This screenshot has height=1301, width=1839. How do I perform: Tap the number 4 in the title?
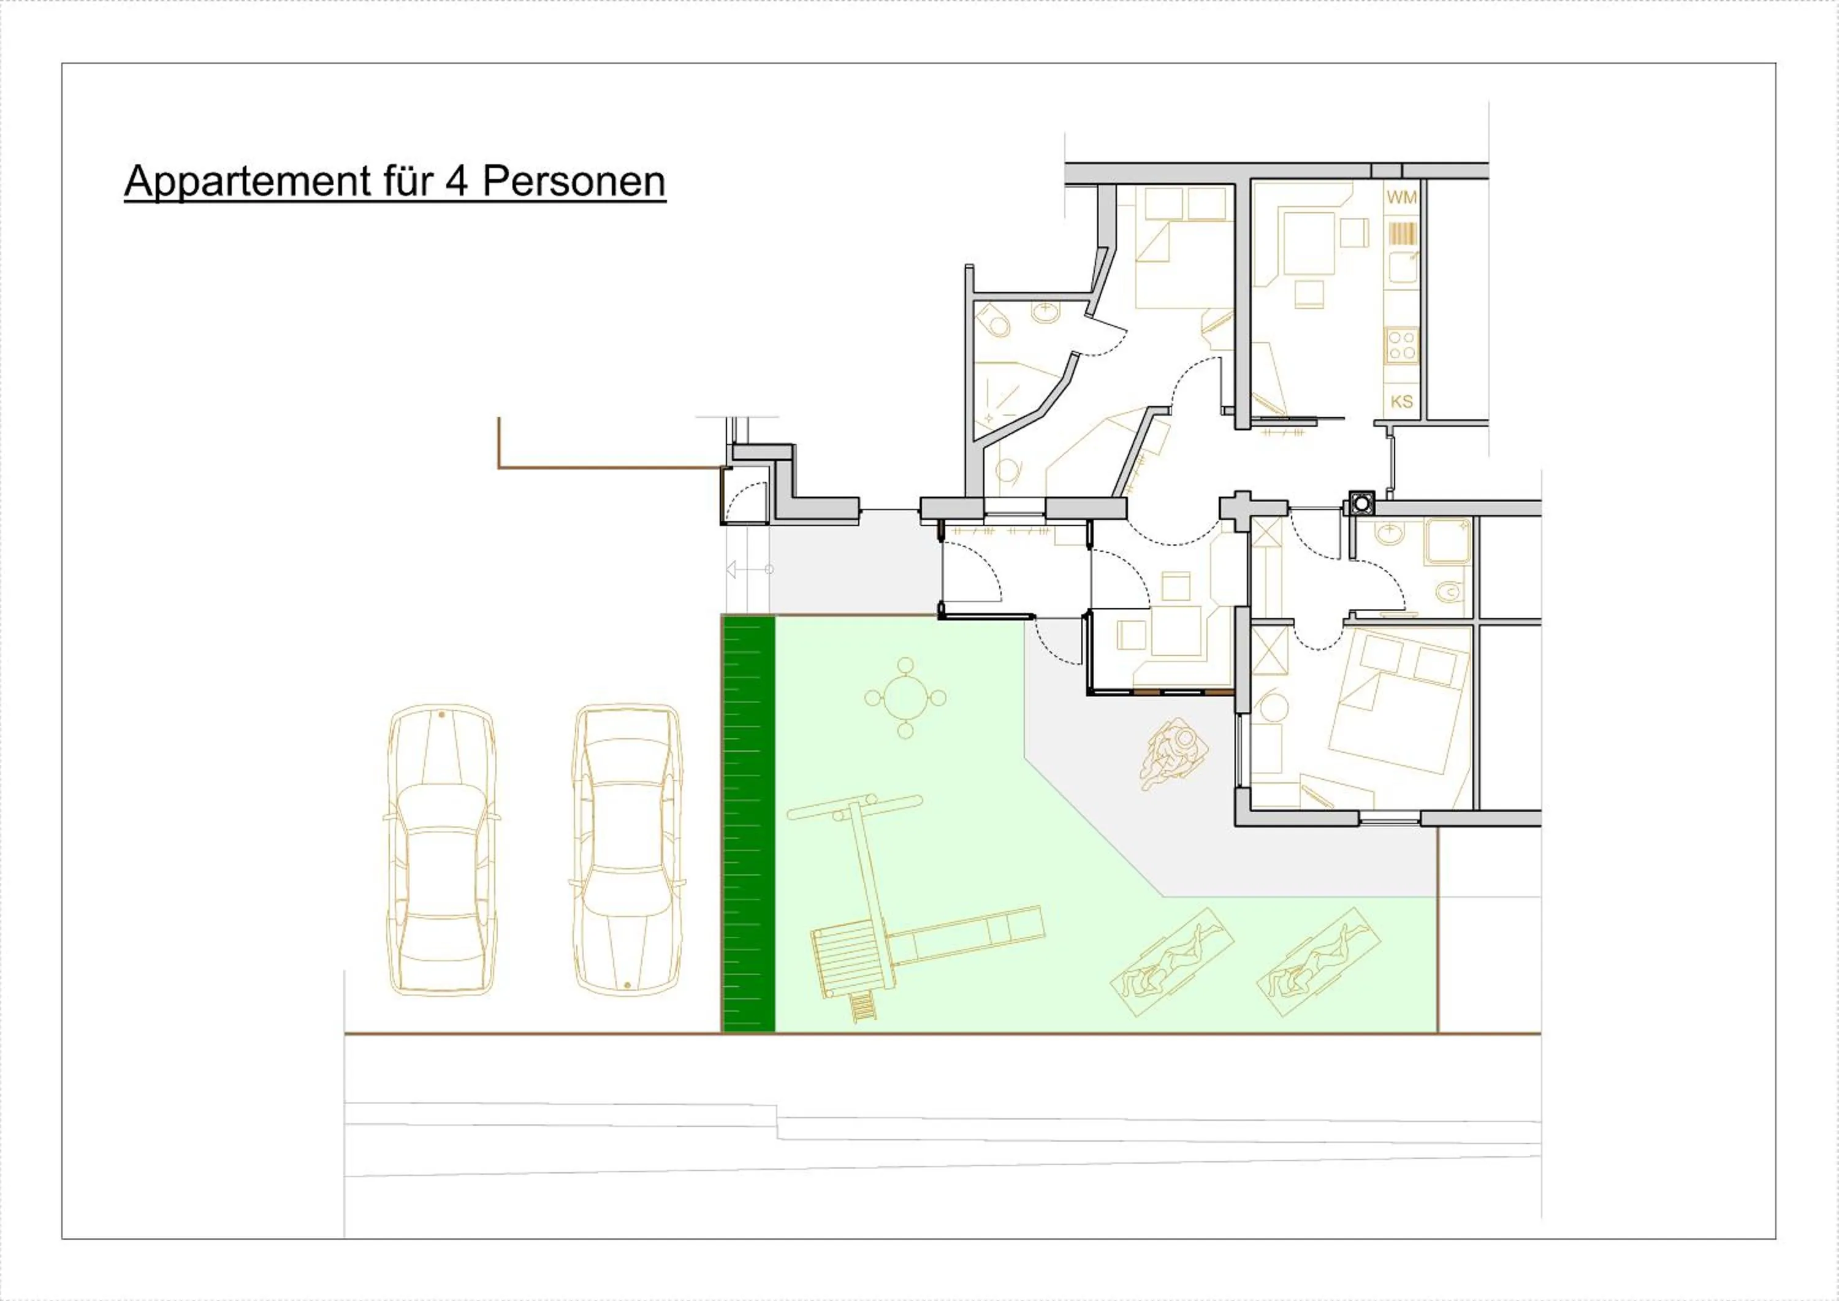457,182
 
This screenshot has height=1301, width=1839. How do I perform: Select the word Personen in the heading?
574,182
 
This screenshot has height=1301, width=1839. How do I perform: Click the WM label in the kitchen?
1402,197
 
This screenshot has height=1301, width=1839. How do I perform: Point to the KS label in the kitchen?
1402,402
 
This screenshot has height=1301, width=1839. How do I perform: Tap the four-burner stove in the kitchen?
1402,345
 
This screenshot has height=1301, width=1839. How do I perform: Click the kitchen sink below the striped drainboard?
1403,267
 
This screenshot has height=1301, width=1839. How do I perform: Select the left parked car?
442,849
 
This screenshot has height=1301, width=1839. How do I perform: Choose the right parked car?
627,849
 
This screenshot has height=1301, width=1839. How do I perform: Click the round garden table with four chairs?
905,698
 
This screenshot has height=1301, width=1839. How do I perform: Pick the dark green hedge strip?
748,823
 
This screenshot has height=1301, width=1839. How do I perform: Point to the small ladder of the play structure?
862,1006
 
